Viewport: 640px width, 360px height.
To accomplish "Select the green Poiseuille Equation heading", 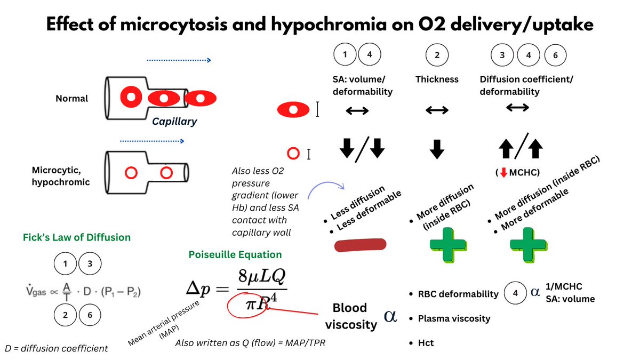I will coord(235,254).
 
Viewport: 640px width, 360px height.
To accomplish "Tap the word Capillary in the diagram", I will coord(174,122).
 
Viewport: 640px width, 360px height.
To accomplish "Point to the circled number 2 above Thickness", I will coord(437,55).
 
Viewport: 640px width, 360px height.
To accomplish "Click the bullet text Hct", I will coord(426,343).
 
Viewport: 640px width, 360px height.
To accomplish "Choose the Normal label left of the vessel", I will coord(71,99).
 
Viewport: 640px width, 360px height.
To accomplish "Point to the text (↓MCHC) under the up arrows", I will coord(517,173).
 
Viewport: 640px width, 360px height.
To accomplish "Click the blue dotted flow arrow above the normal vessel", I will coord(179,61).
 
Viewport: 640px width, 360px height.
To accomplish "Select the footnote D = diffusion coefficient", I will coord(56,348).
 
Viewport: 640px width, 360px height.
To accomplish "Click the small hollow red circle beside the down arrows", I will coord(292,154).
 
